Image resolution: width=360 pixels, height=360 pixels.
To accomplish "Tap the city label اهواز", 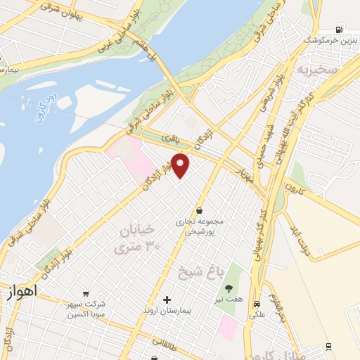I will [x=20, y=290].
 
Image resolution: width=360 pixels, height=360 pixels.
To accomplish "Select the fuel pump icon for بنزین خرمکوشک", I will [x=340, y=30].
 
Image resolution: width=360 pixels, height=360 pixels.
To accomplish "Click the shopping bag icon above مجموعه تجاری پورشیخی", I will [x=200, y=210].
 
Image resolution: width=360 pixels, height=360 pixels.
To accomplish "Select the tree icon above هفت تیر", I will [x=228, y=287].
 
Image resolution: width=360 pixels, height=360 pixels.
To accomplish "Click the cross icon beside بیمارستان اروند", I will [x=167, y=299].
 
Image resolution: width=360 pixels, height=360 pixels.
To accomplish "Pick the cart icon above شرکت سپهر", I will [x=86, y=293].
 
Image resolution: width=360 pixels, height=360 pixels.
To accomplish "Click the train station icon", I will [x=328, y=346].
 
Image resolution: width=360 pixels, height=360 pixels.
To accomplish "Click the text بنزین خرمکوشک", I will [x=326, y=41].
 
